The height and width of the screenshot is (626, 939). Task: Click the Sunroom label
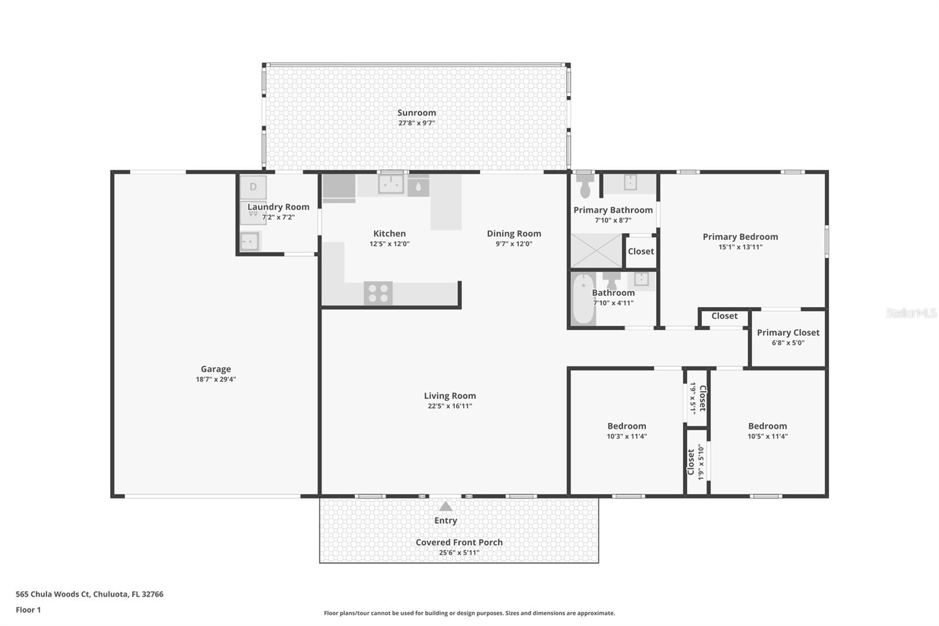(416, 113)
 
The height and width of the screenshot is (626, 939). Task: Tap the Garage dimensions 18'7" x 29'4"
(216, 379)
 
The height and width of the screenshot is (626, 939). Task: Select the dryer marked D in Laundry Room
(253, 187)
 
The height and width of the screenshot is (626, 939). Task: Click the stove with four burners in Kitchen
(378, 293)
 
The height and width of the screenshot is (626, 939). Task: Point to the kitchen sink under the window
(390, 185)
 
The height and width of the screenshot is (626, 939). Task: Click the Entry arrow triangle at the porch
(445, 506)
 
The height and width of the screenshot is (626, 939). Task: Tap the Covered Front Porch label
(459, 542)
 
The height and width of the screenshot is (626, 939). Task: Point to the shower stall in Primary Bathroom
(596, 251)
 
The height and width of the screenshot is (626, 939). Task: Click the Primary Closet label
(788, 332)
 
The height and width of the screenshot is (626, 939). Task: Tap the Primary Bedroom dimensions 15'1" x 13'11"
(740, 247)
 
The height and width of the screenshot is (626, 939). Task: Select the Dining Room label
(514, 233)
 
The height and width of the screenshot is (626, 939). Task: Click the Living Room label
(450, 396)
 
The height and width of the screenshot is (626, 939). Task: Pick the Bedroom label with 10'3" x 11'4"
(626, 426)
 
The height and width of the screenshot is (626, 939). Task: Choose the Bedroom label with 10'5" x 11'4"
(767, 426)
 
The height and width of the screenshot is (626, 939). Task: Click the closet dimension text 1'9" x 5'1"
(693, 398)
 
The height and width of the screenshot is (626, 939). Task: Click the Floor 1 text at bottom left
(28, 610)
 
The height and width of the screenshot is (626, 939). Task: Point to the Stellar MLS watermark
(911, 313)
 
